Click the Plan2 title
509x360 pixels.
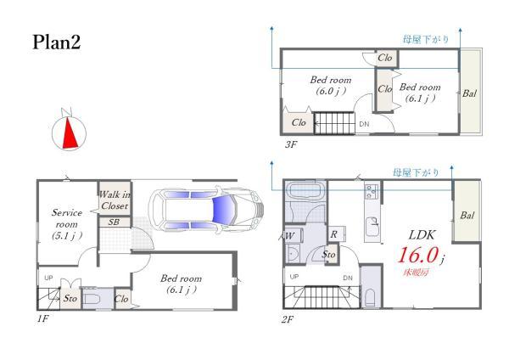(57, 42)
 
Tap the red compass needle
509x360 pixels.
(70, 133)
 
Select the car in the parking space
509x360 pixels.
(206, 209)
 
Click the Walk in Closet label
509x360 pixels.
(115, 200)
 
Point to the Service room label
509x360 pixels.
(67, 224)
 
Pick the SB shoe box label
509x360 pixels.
(114, 222)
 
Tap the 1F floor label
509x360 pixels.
(42, 318)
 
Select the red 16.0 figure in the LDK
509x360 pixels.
(418, 255)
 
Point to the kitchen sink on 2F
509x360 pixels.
(372, 224)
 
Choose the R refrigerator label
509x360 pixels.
(333, 234)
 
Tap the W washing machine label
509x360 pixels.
(290, 236)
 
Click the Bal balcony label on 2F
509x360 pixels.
(467, 215)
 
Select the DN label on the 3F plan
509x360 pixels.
(364, 124)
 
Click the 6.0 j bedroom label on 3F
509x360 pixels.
(331, 91)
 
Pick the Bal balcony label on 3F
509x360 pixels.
(469, 93)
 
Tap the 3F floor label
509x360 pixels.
(291, 144)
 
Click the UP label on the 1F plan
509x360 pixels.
(48, 278)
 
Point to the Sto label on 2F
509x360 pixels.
(328, 254)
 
